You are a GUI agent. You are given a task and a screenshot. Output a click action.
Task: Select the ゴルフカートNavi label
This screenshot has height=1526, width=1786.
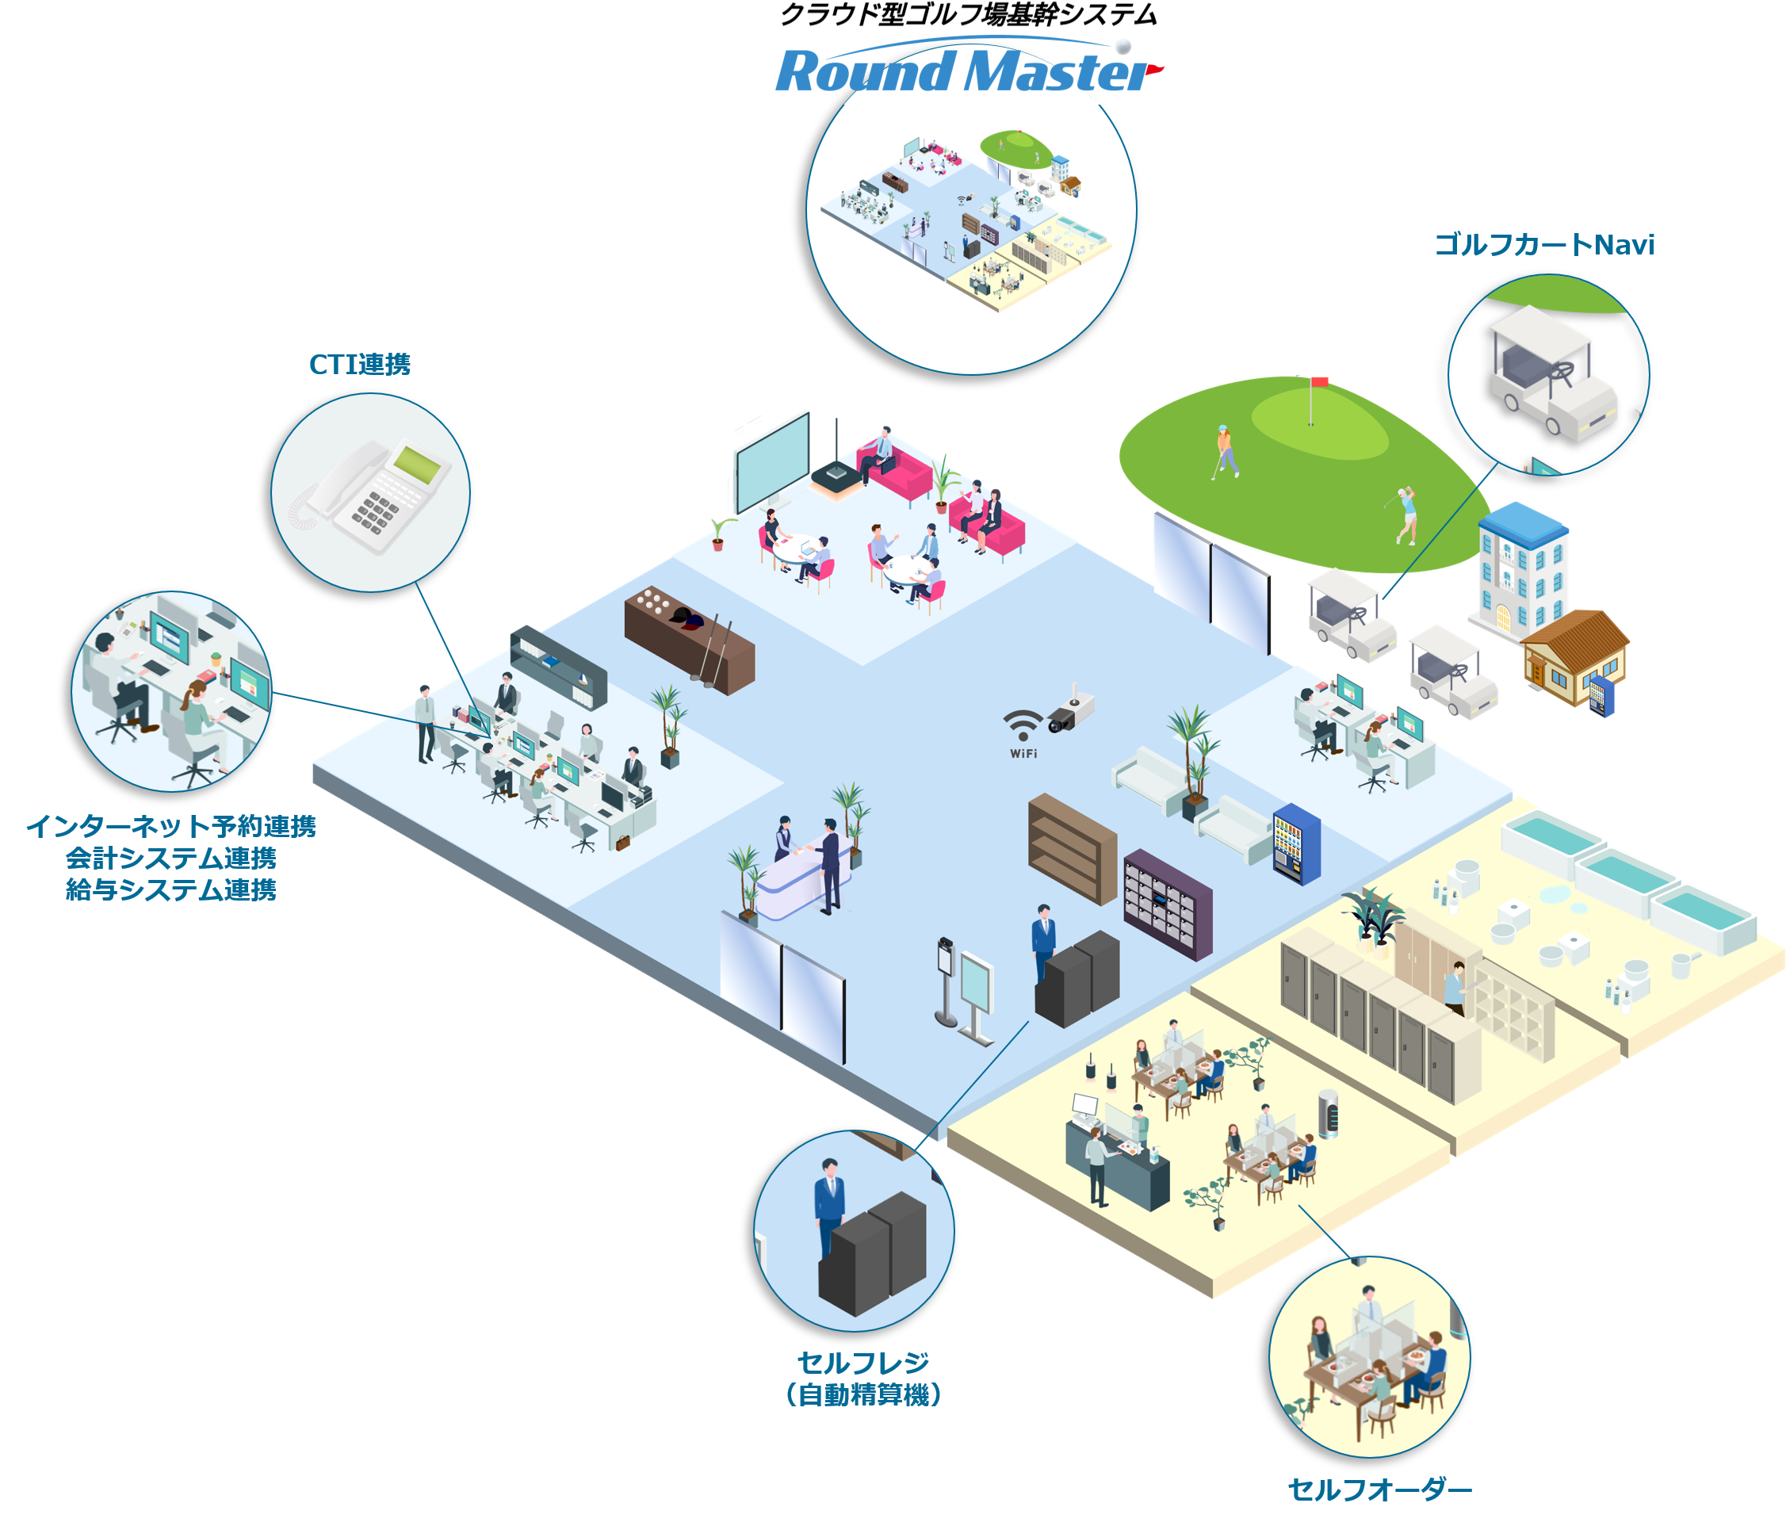(x=1543, y=245)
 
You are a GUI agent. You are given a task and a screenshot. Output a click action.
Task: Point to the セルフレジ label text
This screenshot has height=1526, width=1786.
(x=862, y=1362)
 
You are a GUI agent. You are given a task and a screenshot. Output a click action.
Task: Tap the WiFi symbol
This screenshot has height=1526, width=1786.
(x=1023, y=729)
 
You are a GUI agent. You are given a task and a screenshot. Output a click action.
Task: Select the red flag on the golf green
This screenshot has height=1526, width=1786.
(x=1319, y=382)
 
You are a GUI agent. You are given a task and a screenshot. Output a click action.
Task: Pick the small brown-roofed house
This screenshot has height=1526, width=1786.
(x=1573, y=656)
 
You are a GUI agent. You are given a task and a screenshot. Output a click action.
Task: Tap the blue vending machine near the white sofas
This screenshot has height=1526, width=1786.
(x=1295, y=843)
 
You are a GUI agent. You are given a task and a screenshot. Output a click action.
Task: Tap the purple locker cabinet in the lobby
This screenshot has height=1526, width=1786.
(x=1168, y=905)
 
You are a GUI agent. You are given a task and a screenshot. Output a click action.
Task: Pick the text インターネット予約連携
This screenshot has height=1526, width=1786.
(x=170, y=826)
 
